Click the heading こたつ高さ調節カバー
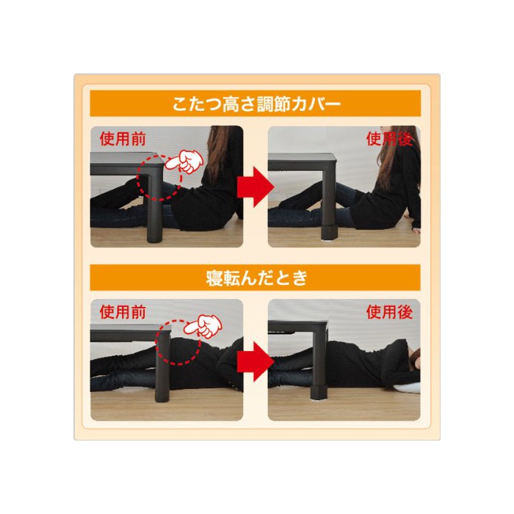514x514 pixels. (256, 104)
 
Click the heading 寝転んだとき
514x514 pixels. (257, 278)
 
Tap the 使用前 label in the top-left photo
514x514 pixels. (123, 139)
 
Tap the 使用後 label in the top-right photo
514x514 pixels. (389, 139)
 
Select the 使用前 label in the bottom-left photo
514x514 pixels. (123, 312)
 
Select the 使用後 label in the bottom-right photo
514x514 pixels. (389, 312)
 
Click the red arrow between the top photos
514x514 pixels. (256, 187)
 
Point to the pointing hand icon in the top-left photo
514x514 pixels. (184, 161)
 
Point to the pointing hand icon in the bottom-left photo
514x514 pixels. (203, 326)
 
